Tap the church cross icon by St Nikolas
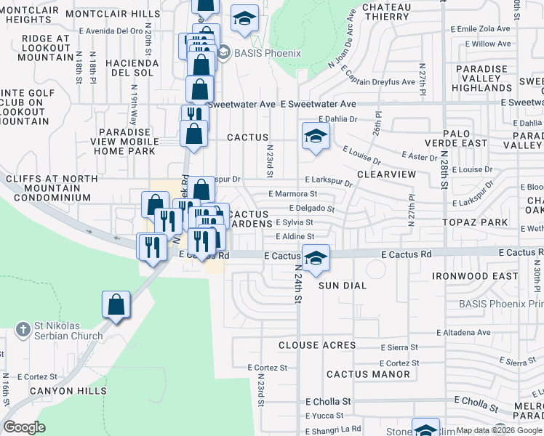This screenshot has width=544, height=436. (23, 328)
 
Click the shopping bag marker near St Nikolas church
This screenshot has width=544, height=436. (116, 305)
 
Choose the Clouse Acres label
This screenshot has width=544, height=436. (317, 345)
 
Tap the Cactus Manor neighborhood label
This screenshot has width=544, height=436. (358, 374)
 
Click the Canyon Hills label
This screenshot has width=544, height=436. (62, 391)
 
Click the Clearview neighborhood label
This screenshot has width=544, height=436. (386, 174)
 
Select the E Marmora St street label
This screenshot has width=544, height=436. (292, 194)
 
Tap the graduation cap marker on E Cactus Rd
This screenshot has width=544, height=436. (316, 258)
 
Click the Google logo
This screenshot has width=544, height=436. (24, 427)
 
